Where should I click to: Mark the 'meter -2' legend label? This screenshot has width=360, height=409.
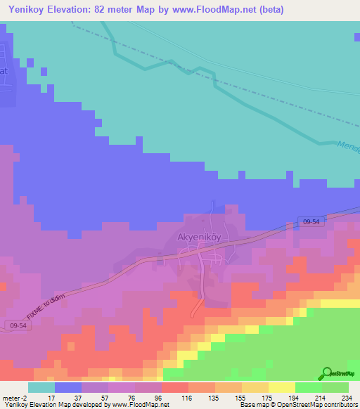(13, 397)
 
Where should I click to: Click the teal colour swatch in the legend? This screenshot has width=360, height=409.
(41, 387)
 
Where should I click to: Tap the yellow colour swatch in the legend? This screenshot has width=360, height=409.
(282, 387)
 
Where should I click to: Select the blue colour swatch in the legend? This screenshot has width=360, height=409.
(68, 387)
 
